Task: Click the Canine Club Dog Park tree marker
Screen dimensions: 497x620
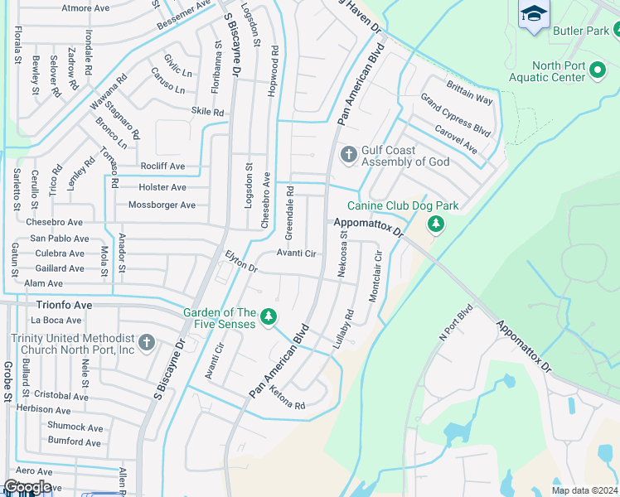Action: [x=435, y=224]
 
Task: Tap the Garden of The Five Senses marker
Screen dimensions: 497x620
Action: [x=268, y=317]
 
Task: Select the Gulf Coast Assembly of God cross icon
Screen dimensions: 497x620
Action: [x=349, y=154]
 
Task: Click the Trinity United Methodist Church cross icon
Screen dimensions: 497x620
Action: [x=147, y=342]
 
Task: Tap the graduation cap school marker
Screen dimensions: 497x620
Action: [x=535, y=14]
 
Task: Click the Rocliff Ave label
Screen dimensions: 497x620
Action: [x=162, y=166]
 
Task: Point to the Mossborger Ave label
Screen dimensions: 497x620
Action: [x=162, y=205]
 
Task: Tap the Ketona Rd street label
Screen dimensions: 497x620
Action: [x=287, y=404]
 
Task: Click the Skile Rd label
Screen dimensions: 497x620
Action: [x=207, y=112]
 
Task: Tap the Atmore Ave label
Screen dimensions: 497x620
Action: [x=85, y=8]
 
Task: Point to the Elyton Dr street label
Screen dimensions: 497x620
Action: [x=241, y=262]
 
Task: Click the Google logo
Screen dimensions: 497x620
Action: [x=27, y=487]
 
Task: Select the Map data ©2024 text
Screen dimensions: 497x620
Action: [x=584, y=490]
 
